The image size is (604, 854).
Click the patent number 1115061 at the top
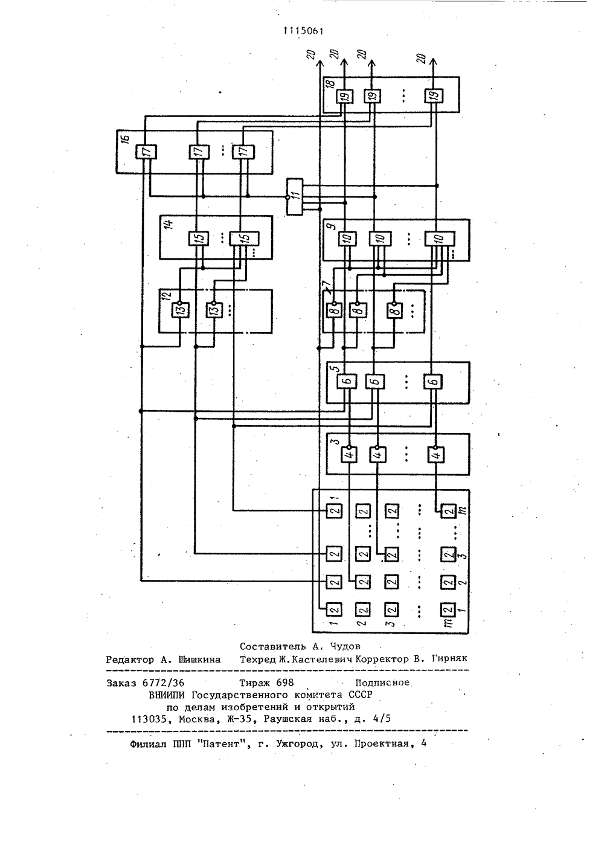(x=304, y=31)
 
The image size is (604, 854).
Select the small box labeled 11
(x=294, y=196)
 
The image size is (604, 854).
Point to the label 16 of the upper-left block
(x=126, y=138)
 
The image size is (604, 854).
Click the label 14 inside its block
(x=168, y=222)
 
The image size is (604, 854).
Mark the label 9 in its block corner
(x=333, y=226)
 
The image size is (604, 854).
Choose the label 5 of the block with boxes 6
(x=335, y=368)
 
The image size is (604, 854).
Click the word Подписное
(x=382, y=682)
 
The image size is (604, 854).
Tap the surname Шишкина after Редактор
(x=199, y=660)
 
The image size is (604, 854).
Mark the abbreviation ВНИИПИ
(x=167, y=695)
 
